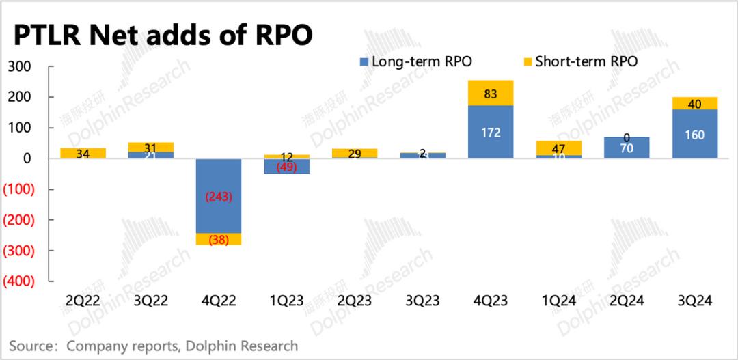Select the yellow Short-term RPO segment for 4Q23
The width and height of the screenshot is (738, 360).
(491, 94)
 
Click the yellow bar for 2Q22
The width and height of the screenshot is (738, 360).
(82, 153)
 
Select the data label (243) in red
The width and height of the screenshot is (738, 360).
(219, 197)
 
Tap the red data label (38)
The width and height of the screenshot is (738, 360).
(219, 240)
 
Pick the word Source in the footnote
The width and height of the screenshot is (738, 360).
(30, 346)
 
